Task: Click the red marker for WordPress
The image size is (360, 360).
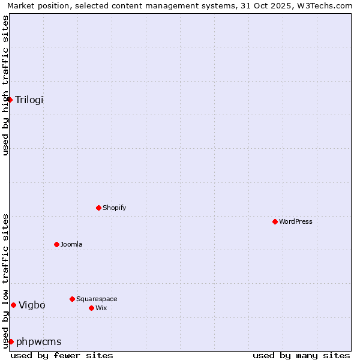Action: point(275,221)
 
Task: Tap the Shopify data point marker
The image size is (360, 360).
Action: point(98,208)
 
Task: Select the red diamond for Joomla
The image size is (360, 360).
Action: point(56,244)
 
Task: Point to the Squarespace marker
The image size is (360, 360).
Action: point(72,299)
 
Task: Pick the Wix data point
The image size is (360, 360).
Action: point(91,308)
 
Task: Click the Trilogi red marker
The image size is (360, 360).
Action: point(10,100)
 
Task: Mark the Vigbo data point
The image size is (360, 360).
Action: point(13,305)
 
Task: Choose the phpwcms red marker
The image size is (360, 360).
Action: point(11,341)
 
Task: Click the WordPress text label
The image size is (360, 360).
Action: point(296,221)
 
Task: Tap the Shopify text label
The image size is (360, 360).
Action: point(115,208)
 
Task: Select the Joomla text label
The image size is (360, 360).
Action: point(71,244)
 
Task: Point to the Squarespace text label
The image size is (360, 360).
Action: point(97,299)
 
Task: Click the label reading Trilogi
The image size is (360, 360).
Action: point(29,100)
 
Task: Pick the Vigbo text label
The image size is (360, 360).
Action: point(32,305)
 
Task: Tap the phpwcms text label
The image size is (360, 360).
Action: point(39,341)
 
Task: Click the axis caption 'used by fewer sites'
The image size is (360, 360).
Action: point(62,355)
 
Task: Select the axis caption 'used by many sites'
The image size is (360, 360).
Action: point(301,355)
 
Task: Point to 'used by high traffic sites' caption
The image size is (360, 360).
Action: point(5,85)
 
